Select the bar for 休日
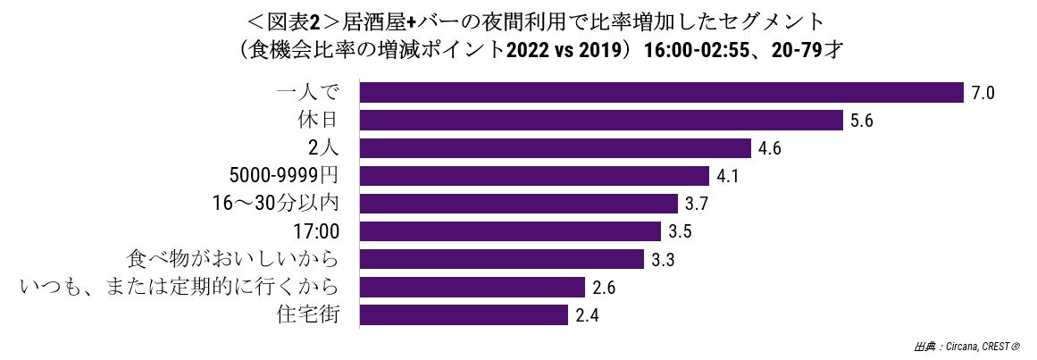[x=601, y=121]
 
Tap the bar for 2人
[x=556, y=148]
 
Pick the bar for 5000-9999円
[x=534, y=176]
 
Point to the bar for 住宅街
[x=464, y=315]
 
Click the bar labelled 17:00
[x=511, y=231]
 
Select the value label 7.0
[x=983, y=93]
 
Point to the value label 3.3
[x=663, y=260]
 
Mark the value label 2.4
[x=588, y=315]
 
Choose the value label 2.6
[x=605, y=288]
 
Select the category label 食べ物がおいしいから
[x=233, y=259]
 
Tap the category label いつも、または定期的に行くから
[x=180, y=287]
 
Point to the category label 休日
[x=320, y=120]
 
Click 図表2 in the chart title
[x=297, y=21]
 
